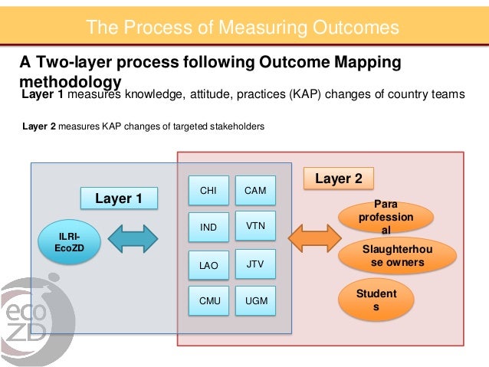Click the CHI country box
click(x=208, y=190)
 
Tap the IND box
click(x=208, y=228)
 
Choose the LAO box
click(x=208, y=265)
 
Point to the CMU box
click(x=208, y=301)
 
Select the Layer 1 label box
click(x=119, y=198)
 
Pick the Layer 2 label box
click(x=339, y=179)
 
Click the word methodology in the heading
click(x=71, y=81)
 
